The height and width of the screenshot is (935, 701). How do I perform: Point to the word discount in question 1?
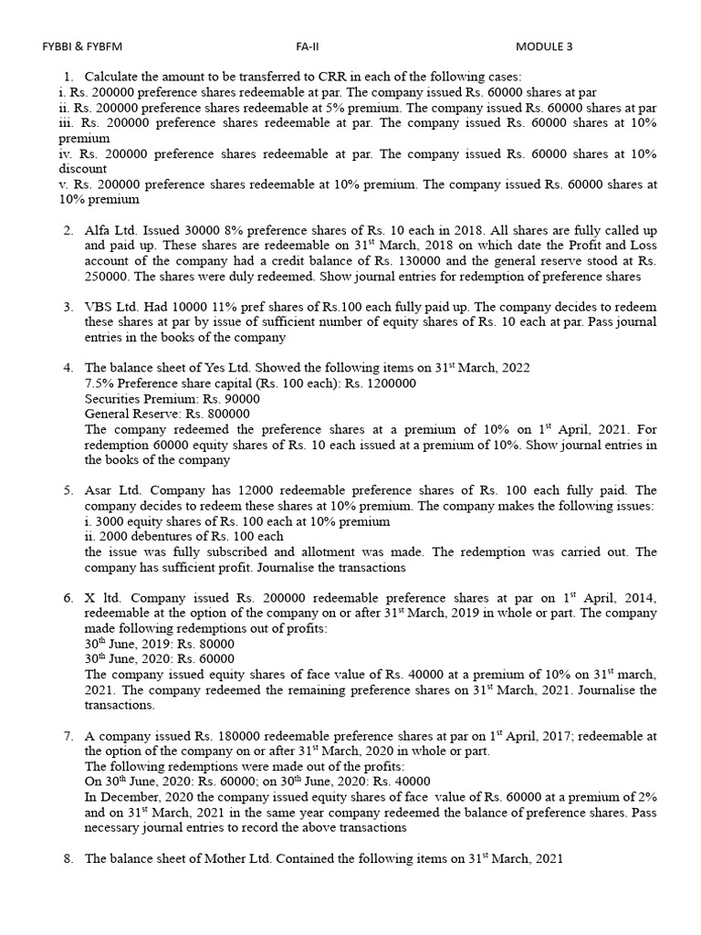[x=83, y=169]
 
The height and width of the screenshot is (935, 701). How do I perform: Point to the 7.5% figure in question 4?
[x=99, y=383]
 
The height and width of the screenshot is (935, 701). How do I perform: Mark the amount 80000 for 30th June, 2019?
[x=209, y=644]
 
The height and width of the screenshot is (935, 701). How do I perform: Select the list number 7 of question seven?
[x=68, y=736]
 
